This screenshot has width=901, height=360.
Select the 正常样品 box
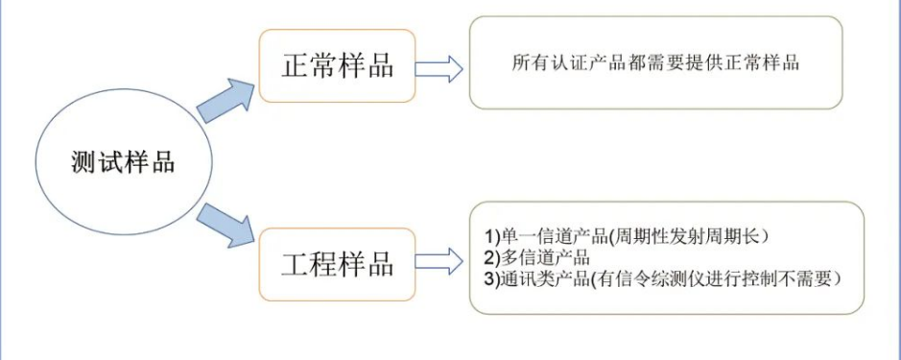tap(337, 66)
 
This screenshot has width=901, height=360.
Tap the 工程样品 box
tap(337, 263)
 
